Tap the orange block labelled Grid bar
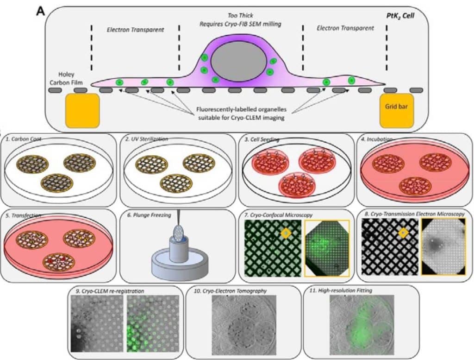[x=396, y=111]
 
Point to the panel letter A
[x=41, y=10]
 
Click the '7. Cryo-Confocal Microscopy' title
[x=279, y=215]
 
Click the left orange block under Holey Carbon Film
[x=83, y=110]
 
